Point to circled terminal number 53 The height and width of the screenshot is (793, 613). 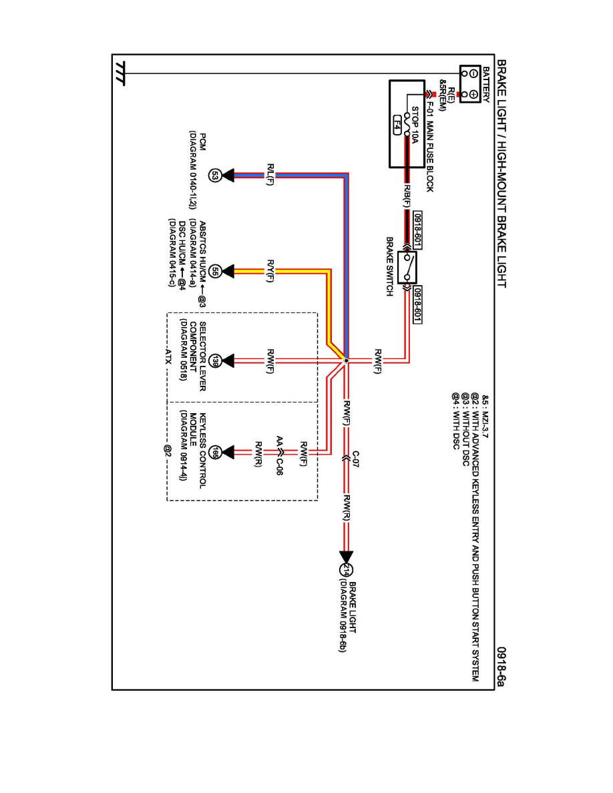pos(215,176)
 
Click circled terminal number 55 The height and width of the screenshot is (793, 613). pos(215,271)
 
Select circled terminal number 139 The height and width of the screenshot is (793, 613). pos(215,361)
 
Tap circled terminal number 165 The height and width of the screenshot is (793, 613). pos(215,453)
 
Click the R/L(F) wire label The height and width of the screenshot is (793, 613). pos(270,175)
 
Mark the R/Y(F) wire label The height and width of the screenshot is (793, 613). pos(270,270)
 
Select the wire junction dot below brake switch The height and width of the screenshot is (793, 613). pos(346,361)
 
